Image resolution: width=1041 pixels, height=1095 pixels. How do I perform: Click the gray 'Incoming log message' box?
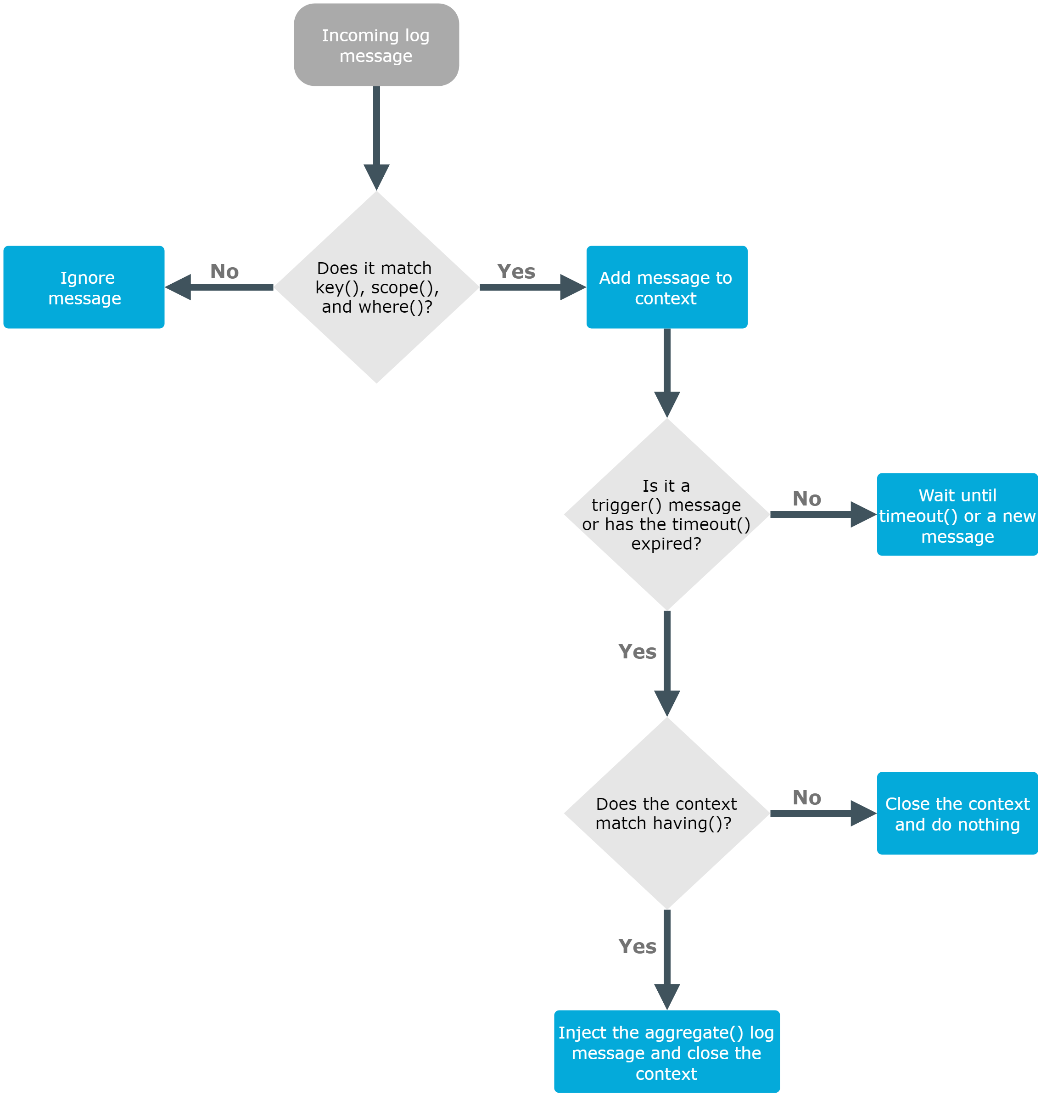click(x=376, y=45)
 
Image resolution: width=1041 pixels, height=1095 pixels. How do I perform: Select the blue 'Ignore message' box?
click(x=84, y=287)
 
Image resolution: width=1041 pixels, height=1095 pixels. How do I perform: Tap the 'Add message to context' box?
click(x=666, y=287)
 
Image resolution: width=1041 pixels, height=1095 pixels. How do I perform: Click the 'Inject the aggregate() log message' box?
click(x=666, y=1053)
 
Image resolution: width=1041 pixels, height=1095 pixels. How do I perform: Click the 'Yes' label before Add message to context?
click(x=516, y=272)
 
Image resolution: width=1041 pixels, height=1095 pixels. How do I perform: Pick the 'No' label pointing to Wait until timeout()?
click(x=806, y=499)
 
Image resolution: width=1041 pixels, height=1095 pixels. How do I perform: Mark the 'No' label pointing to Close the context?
click(x=806, y=798)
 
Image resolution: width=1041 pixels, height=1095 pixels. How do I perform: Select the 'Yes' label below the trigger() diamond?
click(x=637, y=652)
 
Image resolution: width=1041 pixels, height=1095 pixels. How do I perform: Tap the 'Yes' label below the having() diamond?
click(x=637, y=947)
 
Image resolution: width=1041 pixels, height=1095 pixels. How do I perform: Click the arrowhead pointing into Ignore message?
click(x=179, y=287)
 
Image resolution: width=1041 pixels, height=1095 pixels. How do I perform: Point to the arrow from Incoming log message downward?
click(x=376, y=133)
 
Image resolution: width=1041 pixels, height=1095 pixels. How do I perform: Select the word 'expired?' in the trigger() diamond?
click(x=666, y=544)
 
